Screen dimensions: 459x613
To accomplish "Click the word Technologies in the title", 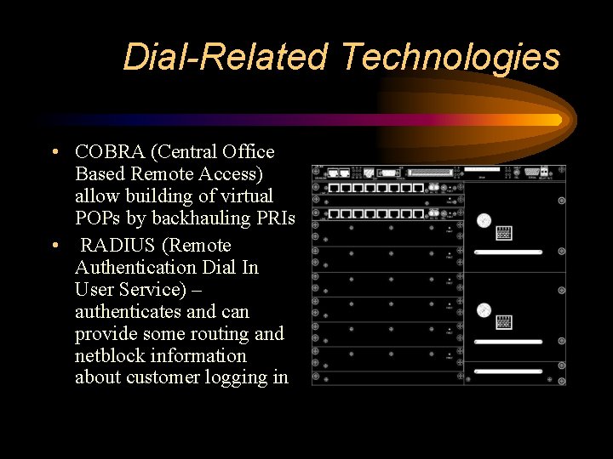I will point(450,57).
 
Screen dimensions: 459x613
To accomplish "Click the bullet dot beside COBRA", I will point(54,153).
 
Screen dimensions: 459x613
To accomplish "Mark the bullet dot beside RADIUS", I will point(54,246).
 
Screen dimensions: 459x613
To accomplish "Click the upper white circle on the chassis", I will point(484,220).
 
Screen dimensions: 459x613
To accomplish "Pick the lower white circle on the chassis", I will point(484,310).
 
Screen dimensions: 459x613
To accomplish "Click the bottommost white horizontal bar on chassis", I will point(508,371).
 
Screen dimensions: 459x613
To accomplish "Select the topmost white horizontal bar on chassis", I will point(508,252).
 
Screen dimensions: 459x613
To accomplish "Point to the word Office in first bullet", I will point(247,152).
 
